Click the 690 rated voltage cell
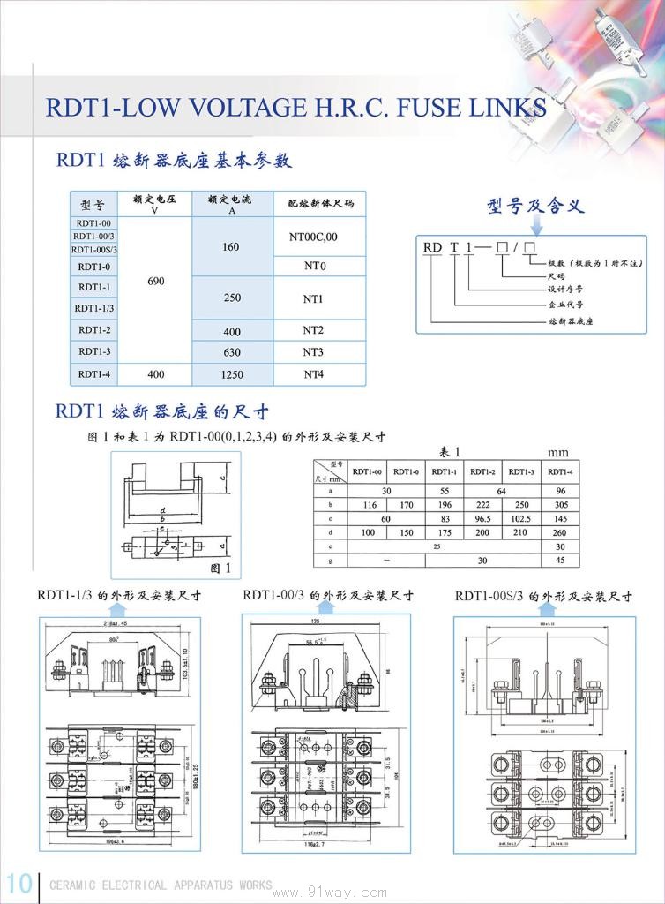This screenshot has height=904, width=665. click(156, 281)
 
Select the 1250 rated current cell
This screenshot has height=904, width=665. click(231, 374)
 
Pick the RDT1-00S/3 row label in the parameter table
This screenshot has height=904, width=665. click(94, 250)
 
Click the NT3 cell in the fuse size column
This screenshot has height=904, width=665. click(314, 352)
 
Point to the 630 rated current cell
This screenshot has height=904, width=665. click(231, 352)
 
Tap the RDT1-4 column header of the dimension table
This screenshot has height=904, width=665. click(560, 472)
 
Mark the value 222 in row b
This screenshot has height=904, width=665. click(482, 506)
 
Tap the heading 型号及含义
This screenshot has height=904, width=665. click(535, 207)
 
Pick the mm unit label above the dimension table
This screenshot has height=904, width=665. click(558, 452)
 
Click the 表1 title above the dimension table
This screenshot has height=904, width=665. click(450, 451)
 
